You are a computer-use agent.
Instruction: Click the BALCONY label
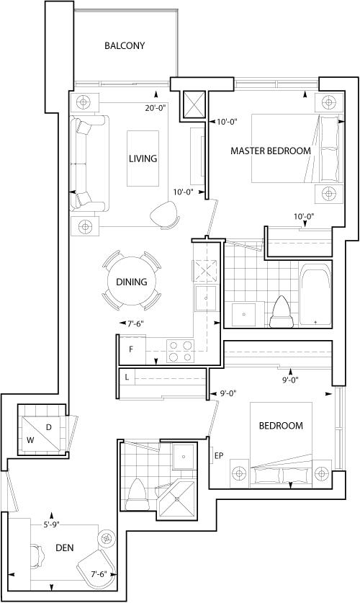[x=125, y=46]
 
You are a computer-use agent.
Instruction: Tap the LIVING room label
[x=143, y=158]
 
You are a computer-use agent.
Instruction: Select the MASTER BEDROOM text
[x=271, y=151]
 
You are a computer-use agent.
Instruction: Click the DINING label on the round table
[x=132, y=282]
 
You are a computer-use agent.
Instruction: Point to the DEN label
[x=65, y=548]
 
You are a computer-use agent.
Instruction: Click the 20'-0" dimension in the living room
[x=155, y=108]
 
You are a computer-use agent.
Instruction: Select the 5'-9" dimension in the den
[x=50, y=524]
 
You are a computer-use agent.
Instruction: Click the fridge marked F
[x=133, y=349]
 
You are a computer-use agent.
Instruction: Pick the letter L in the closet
[x=127, y=378]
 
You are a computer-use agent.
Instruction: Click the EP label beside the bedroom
[x=219, y=456]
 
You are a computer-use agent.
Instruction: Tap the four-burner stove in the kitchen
[x=180, y=351]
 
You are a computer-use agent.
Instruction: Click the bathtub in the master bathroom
[x=315, y=295]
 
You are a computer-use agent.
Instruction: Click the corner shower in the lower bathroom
[x=177, y=499]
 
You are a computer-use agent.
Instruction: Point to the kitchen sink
[x=206, y=298]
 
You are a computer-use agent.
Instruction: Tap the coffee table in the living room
[x=143, y=158]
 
